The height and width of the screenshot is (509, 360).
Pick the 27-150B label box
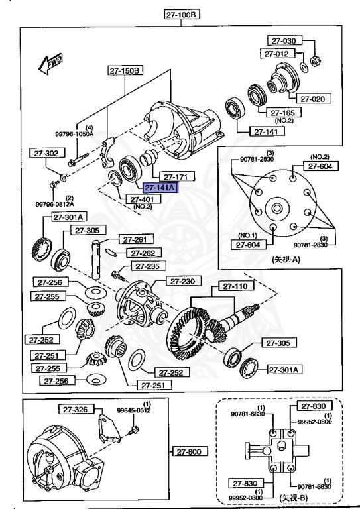pos(125,69)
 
